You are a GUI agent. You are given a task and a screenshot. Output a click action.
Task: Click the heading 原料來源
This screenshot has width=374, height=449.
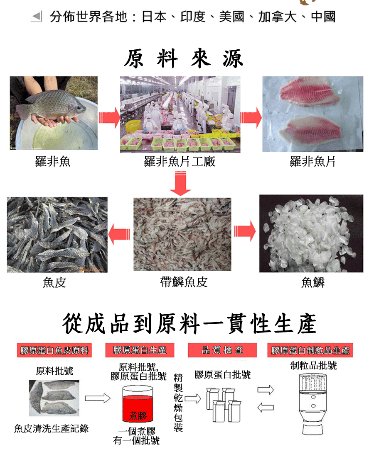point(184,59)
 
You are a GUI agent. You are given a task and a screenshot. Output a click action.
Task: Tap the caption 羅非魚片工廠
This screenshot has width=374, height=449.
point(180,162)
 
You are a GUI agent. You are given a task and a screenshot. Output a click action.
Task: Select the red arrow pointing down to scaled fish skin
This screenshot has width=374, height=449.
point(180,183)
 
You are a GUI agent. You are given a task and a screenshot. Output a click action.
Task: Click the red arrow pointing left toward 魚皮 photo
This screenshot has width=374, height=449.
point(119,234)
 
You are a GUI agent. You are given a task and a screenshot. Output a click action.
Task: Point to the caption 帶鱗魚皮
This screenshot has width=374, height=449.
point(184,282)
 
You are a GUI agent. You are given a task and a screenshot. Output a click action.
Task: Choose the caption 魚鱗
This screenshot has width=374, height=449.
point(313,282)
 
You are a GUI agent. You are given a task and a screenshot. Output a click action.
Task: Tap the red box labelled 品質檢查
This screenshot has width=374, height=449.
point(222,350)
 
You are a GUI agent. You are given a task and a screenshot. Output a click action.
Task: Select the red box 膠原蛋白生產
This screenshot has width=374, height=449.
point(140,350)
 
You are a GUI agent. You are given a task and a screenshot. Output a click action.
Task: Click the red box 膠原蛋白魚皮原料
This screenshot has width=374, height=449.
point(54,350)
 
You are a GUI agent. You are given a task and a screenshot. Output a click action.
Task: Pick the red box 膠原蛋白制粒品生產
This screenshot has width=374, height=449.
point(310,350)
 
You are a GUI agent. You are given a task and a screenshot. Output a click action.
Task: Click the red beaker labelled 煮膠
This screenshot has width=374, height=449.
point(138,404)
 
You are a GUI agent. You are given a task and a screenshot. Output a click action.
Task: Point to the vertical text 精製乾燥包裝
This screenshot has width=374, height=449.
point(178,402)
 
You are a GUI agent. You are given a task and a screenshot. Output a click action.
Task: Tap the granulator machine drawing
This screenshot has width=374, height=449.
point(313,404)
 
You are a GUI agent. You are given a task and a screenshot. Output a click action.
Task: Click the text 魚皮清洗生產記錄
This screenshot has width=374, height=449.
point(52,428)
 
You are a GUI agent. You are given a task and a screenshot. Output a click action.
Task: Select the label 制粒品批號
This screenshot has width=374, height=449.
point(313,365)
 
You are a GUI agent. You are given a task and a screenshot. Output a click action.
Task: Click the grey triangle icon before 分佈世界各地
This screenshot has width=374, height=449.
point(37,16)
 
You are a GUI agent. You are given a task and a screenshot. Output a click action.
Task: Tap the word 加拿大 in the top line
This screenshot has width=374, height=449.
point(277,17)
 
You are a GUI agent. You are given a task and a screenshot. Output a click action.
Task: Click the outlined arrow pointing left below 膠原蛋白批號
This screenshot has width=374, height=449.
point(266,407)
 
